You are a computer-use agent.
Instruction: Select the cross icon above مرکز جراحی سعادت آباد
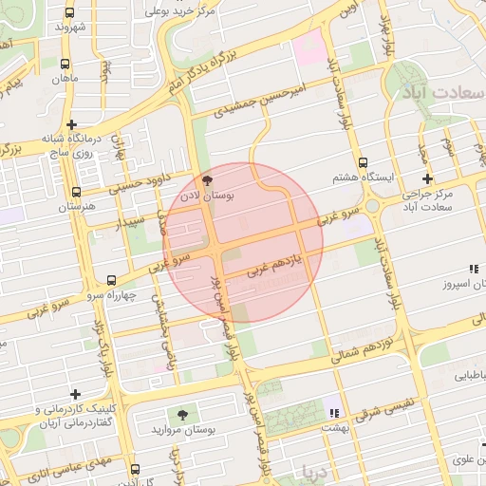tap(427, 178)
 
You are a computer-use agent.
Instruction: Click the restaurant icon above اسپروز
tap(474, 269)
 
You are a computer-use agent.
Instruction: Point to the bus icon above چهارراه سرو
tap(112, 280)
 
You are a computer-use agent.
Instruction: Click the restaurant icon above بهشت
tap(332, 412)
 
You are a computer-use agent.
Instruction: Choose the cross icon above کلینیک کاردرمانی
tap(75, 393)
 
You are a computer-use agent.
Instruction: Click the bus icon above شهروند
tap(70, 13)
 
